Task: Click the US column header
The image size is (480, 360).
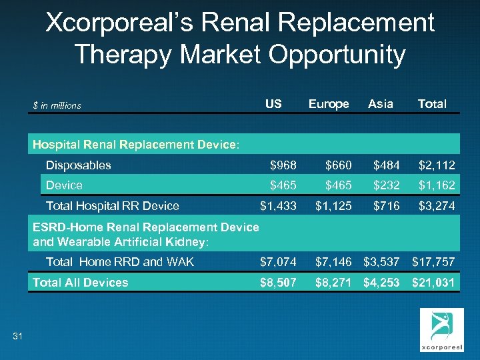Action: pyautogui.click(x=273, y=104)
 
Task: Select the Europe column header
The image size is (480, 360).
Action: pyautogui.click(x=329, y=104)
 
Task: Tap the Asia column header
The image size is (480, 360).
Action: pyautogui.click(x=381, y=104)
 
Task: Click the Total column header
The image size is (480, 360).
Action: pyautogui.click(x=432, y=104)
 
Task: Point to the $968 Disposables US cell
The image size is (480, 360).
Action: pyautogui.click(x=283, y=165)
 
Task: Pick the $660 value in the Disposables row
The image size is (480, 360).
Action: pyautogui.click(x=338, y=165)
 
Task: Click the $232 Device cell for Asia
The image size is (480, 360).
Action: pyautogui.click(x=387, y=185)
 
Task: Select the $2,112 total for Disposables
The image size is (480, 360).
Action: pyautogui.click(x=437, y=165)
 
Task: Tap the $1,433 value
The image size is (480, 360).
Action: pyautogui.click(x=279, y=206)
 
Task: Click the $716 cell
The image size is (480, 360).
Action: pyautogui.click(x=387, y=206)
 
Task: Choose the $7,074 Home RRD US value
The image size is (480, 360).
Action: pyautogui.click(x=279, y=262)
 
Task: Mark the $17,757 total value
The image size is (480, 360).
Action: pyautogui.click(x=433, y=262)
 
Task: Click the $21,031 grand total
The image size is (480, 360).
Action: pyautogui.click(x=433, y=283)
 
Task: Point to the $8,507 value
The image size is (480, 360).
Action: pyautogui.click(x=279, y=283)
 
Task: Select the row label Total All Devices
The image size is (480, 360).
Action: pyautogui.click(x=80, y=283)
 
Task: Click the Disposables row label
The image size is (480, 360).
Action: pyautogui.click(x=78, y=165)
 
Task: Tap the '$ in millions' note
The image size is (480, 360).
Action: pyautogui.click(x=57, y=105)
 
